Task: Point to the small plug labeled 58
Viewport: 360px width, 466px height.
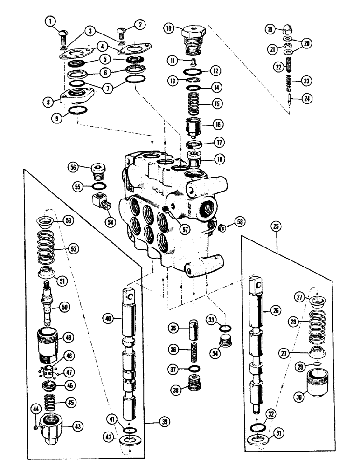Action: tap(222, 227)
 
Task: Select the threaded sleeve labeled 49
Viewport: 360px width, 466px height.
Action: tap(49, 343)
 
